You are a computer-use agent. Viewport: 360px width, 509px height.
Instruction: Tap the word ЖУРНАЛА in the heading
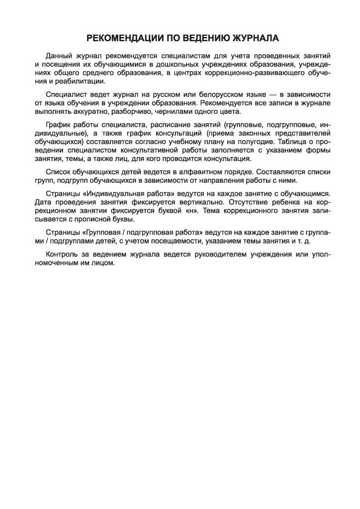tap(253, 38)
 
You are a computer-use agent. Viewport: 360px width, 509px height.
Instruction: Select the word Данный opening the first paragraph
tap(59, 56)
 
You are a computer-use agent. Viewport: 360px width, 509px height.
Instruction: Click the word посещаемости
tap(169, 241)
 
